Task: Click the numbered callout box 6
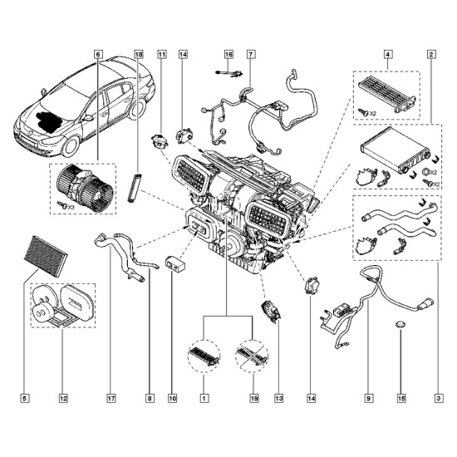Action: pyautogui.click(x=98, y=55)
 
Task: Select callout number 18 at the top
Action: pyautogui.click(x=139, y=55)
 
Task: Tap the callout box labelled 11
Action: pyautogui.click(x=162, y=55)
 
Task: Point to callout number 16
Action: pyautogui.click(x=228, y=55)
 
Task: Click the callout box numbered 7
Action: pyautogui.click(x=251, y=55)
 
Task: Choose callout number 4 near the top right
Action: pyautogui.click(x=388, y=55)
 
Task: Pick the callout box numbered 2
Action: pyautogui.click(x=431, y=55)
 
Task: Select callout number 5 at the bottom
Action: pyautogui.click(x=25, y=398)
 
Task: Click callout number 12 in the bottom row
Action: pyautogui.click(x=63, y=398)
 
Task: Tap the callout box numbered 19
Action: pyautogui.click(x=254, y=398)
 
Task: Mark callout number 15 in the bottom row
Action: pyautogui.click(x=401, y=398)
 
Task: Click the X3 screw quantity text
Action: pyautogui.click(x=71, y=207)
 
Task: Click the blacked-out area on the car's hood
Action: pyautogui.click(x=48, y=121)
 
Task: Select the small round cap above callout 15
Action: pyautogui.click(x=400, y=324)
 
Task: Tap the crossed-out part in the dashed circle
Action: pyautogui.click(x=252, y=356)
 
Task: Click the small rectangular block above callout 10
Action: pyautogui.click(x=174, y=263)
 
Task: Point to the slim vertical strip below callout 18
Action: pyautogui.click(x=135, y=188)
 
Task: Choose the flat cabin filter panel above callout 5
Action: pyautogui.click(x=46, y=256)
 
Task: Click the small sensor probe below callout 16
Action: pyautogui.click(x=229, y=73)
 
